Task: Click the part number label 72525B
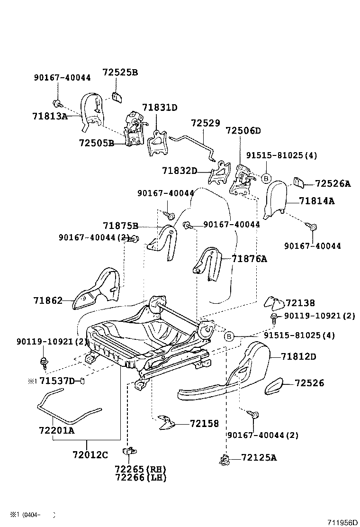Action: [120, 73]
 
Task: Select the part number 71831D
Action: [160, 108]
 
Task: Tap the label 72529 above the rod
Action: [206, 123]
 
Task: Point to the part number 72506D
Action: [243, 131]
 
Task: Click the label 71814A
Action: [316, 201]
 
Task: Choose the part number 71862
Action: [48, 300]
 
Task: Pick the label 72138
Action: [300, 303]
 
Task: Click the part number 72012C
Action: [90, 455]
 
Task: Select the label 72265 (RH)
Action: [140, 469]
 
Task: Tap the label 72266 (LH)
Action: [140, 477]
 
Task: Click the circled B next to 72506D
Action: [266, 178]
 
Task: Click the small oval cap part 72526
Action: [274, 387]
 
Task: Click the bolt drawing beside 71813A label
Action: [56, 102]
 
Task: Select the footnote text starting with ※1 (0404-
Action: [40, 515]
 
